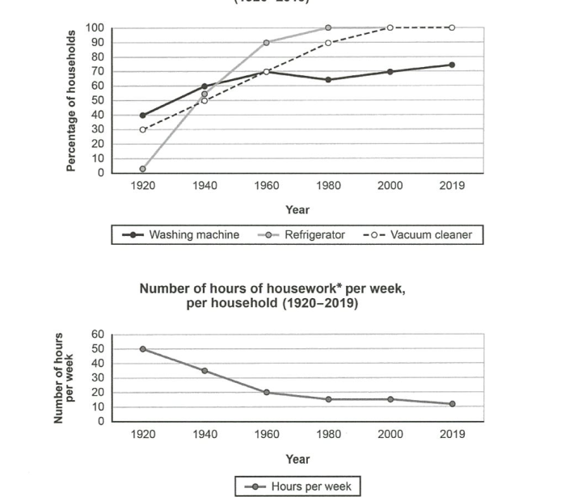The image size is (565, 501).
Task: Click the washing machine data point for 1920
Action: tap(142, 115)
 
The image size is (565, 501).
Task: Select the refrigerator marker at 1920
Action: tap(142, 169)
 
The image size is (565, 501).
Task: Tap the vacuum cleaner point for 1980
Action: tap(328, 42)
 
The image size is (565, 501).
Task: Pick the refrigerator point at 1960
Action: tap(266, 42)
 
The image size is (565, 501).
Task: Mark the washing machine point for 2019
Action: tap(452, 65)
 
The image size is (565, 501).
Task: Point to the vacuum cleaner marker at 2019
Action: tap(452, 27)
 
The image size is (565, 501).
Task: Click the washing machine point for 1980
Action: tap(328, 80)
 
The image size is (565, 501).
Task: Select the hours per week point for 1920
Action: tap(143, 349)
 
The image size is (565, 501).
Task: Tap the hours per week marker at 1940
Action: tap(204, 371)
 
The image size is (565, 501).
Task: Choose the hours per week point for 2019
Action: tap(452, 404)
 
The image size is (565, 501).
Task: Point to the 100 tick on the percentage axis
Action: tap(96, 27)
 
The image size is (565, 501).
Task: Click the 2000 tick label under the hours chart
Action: tap(390, 434)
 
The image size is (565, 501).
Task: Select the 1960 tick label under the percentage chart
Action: tap(266, 186)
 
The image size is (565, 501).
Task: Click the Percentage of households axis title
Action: tap(71, 100)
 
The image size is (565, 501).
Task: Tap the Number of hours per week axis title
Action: tap(64, 377)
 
